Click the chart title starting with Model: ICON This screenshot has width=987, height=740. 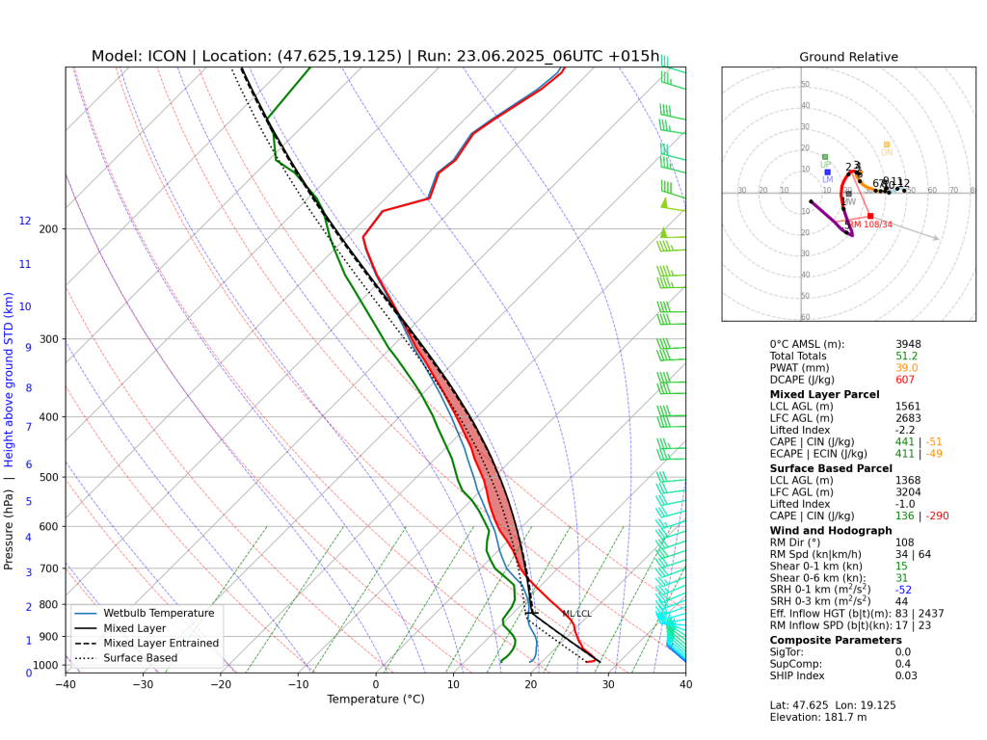click(375, 56)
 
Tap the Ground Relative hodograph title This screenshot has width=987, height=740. click(848, 57)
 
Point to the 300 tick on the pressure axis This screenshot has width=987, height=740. click(48, 339)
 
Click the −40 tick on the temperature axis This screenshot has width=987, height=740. click(66, 685)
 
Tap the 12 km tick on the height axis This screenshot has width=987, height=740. click(25, 222)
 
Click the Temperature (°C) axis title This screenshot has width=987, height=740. click(375, 700)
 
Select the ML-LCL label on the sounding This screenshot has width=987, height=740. click(576, 614)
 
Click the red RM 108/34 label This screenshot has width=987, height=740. click(872, 225)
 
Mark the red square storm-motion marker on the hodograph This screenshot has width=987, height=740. click(870, 216)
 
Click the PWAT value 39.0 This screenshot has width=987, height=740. click(907, 368)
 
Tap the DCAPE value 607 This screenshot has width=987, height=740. click(906, 381)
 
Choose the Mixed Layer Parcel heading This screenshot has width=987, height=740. click(824, 394)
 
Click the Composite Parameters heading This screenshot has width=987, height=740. click(836, 640)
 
